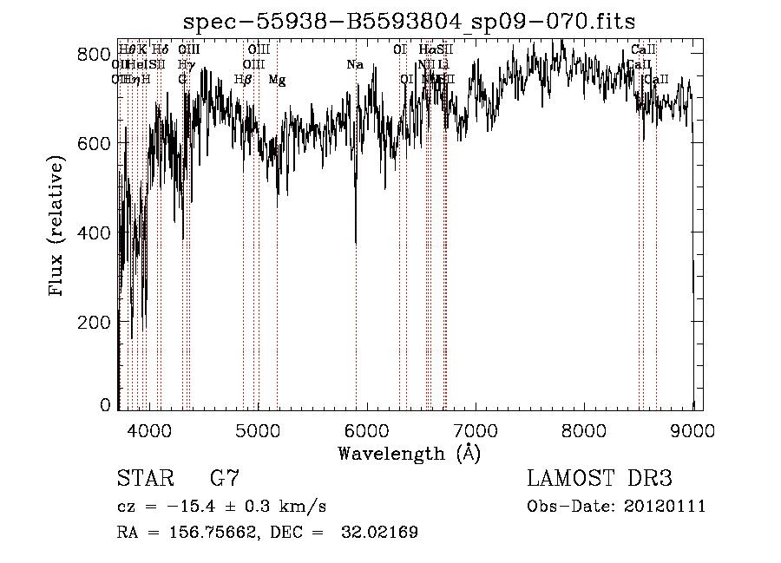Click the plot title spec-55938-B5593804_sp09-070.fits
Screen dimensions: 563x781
click(x=410, y=22)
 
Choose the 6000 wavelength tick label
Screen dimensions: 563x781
click(x=367, y=429)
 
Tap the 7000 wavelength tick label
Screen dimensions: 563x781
click(x=476, y=429)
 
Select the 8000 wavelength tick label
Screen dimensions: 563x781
click(x=585, y=429)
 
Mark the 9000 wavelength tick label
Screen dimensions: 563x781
click(x=693, y=429)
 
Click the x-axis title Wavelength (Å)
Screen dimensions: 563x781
click(x=409, y=452)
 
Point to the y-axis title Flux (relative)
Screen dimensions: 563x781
click(x=58, y=226)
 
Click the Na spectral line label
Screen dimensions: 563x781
click(x=354, y=65)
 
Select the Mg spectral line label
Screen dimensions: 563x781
click(x=277, y=80)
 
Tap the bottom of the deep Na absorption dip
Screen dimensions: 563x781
click(x=356, y=244)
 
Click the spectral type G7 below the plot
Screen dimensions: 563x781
click(x=225, y=478)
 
